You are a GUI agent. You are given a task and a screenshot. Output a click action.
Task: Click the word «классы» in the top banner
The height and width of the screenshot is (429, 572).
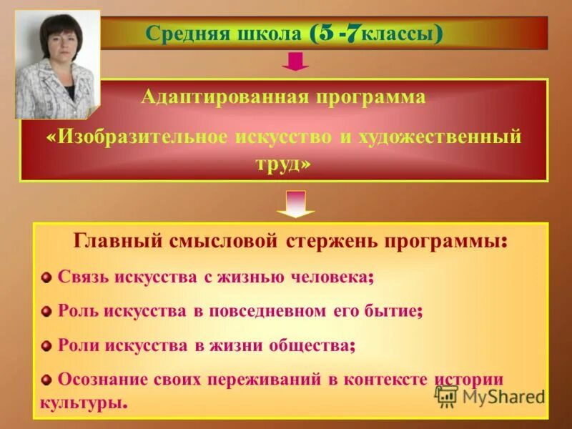[397, 34]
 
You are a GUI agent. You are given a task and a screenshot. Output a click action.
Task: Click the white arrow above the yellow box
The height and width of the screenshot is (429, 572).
[295, 204]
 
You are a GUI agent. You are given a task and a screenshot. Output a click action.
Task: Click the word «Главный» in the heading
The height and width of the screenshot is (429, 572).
[117, 241]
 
